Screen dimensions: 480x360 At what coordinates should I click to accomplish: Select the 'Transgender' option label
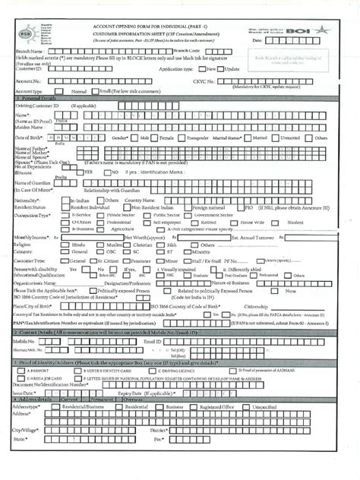194,138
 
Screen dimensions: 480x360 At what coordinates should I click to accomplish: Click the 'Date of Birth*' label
29,137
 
